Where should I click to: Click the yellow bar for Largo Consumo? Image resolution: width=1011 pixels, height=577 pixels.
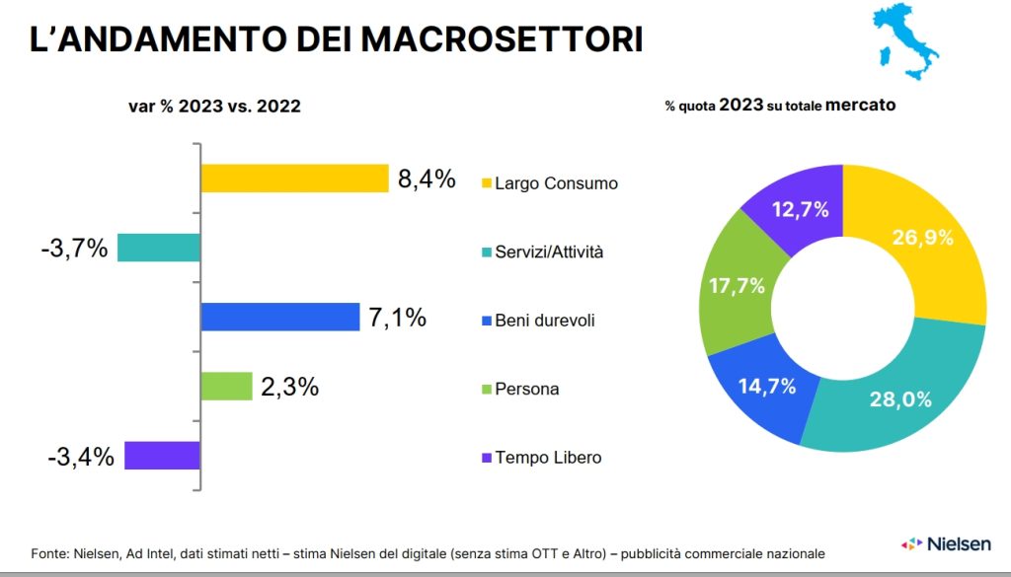pos(294,179)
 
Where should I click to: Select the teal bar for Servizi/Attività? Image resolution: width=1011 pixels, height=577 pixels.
pos(158,248)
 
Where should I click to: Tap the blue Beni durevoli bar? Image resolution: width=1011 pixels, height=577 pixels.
pos(279,317)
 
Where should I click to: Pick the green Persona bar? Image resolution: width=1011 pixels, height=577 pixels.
pos(226,386)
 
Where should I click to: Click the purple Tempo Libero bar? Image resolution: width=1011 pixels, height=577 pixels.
pos(162,455)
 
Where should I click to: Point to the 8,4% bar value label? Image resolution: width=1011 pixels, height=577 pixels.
pos(427,180)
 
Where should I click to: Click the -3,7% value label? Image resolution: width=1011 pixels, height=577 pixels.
pos(74,249)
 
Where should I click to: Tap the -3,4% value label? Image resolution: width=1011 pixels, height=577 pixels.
pos(81,456)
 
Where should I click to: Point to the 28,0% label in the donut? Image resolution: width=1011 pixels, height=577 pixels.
pos(900,399)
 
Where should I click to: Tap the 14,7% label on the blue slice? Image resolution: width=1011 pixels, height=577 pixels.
pos(766,387)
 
